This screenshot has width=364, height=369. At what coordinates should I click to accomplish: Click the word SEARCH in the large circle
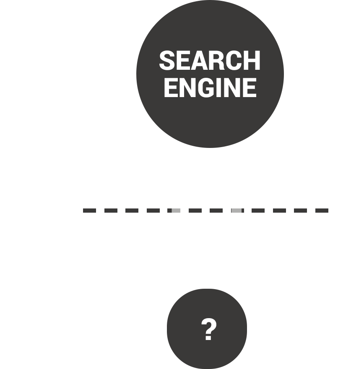pyautogui.click(x=210, y=61)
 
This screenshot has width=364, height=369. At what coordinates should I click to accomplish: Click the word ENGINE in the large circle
pyautogui.click(x=210, y=87)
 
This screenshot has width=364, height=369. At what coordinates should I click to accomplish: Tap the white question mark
pyautogui.click(x=208, y=329)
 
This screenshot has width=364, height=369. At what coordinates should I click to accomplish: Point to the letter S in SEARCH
pyautogui.click(x=167, y=61)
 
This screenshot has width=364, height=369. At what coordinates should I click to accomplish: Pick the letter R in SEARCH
pyautogui.click(x=218, y=61)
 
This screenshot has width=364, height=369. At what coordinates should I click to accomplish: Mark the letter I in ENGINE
pyautogui.click(x=223, y=87)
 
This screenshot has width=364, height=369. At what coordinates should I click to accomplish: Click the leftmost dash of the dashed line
pyautogui.click(x=89, y=211)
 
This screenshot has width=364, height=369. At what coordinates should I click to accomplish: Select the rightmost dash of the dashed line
pyautogui.click(x=322, y=211)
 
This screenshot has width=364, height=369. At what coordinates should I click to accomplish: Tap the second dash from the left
pyautogui.click(x=111, y=211)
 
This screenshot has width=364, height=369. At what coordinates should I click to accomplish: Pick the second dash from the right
pyautogui.click(x=300, y=211)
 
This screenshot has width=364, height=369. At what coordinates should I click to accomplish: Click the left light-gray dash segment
pyautogui.click(x=176, y=211)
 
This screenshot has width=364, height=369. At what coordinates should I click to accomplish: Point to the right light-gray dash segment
pyautogui.click(x=236, y=211)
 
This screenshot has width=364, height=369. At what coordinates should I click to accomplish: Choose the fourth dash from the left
pyautogui.click(x=153, y=211)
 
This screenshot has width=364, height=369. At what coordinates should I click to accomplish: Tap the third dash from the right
pyautogui.click(x=279, y=211)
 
